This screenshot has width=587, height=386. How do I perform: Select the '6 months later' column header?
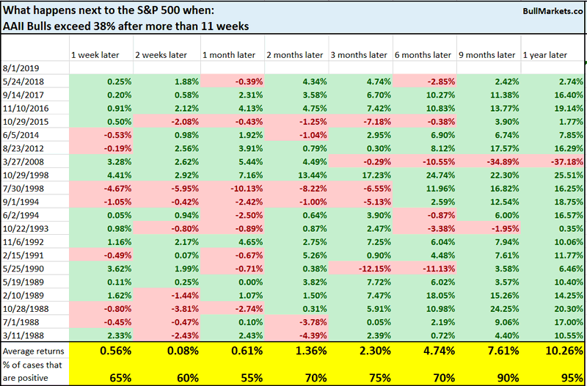pos(423,54)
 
